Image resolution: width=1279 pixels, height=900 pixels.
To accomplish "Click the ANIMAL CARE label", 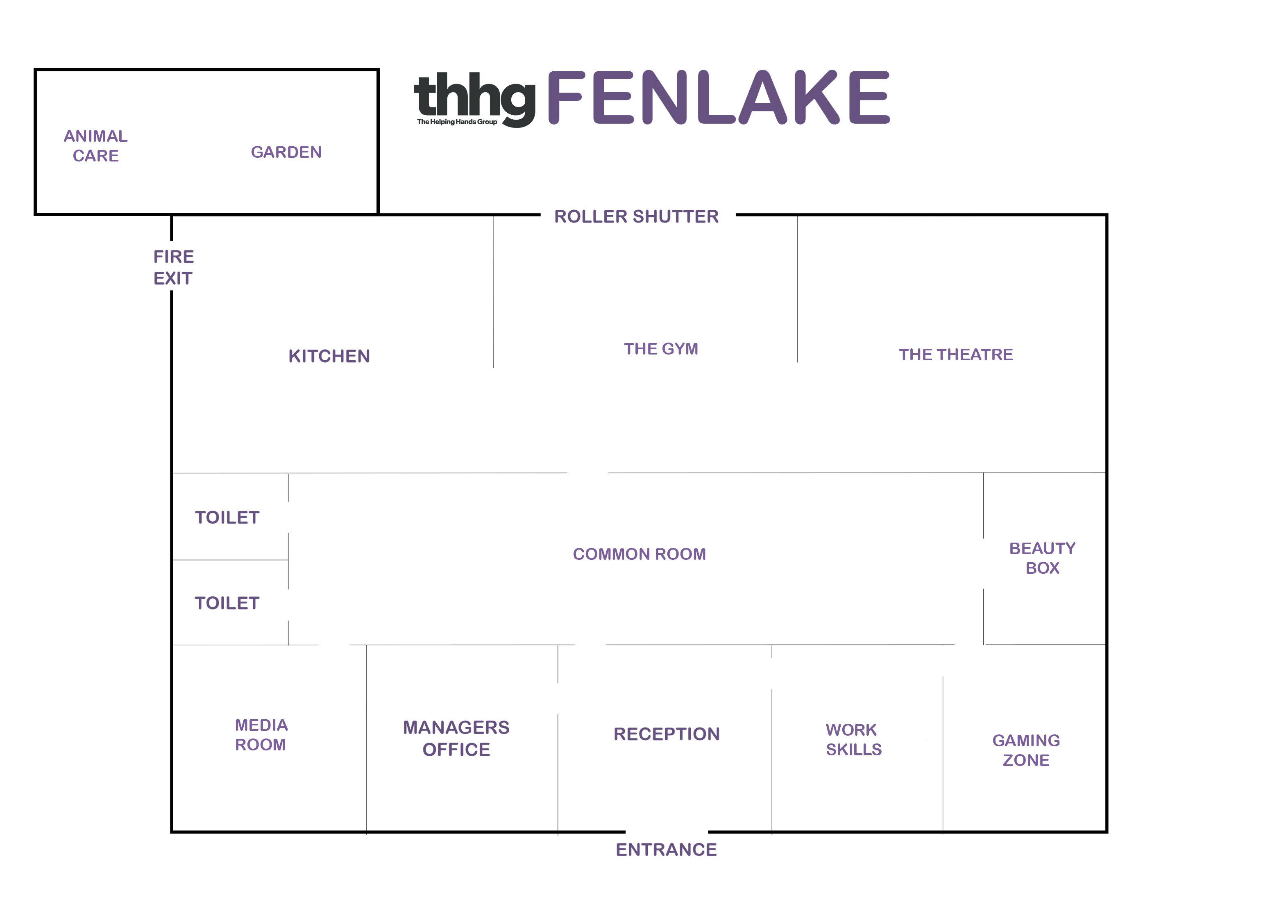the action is (x=95, y=145).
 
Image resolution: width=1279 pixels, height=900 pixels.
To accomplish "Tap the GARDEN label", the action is (x=286, y=152).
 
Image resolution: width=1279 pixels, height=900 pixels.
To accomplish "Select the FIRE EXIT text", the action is (x=173, y=268).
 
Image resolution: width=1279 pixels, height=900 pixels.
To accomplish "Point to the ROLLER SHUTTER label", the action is (x=636, y=216).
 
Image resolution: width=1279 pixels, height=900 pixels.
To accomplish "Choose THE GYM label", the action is (x=661, y=349).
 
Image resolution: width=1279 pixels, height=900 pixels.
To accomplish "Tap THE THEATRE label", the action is (x=955, y=355).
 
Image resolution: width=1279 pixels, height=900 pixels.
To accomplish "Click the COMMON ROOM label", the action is (x=639, y=554).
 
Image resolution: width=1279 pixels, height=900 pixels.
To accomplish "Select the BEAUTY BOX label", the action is (x=1042, y=558).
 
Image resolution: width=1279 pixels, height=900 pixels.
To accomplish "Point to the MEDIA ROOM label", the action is (x=261, y=734).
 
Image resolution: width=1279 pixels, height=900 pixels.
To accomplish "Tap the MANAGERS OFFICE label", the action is (x=456, y=739).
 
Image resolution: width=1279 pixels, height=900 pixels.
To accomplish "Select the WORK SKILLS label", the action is (x=853, y=739).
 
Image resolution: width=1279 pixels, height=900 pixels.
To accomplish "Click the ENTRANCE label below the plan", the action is (x=666, y=849).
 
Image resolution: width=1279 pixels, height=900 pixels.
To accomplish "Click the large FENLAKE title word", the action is (x=719, y=98).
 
